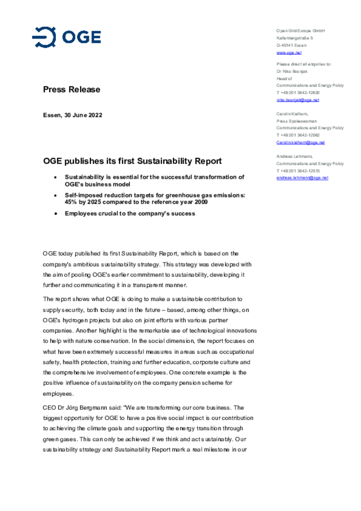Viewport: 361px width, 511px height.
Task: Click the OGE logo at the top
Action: [x=66, y=37]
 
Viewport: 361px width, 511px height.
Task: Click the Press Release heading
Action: [x=71, y=90]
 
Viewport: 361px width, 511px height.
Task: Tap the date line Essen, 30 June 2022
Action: [x=72, y=115]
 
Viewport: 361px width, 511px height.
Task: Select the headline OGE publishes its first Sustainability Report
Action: [x=132, y=161]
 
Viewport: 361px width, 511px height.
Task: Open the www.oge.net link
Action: [x=289, y=53]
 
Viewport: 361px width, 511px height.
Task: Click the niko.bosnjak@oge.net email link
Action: [x=298, y=100]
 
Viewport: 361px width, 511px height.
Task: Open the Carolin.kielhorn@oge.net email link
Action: [x=300, y=142]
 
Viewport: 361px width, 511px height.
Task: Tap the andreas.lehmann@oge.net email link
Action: [x=302, y=178]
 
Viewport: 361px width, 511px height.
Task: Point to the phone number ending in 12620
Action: [x=298, y=93]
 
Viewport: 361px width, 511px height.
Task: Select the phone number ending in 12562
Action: [x=298, y=135]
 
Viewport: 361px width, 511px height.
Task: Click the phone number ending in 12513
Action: [x=298, y=171]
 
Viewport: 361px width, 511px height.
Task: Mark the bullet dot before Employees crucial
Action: [x=56, y=214]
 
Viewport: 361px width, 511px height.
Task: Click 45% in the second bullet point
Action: [x=70, y=202]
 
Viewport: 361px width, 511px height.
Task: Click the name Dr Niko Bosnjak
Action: [x=292, y=71]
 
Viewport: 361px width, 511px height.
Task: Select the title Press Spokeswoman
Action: [x=296, y=121]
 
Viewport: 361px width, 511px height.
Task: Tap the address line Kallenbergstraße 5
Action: [x=295, y=38]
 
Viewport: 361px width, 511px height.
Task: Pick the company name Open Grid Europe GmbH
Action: [x=300, y=31]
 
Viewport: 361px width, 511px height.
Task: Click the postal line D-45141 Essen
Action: [x=291, y=45]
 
